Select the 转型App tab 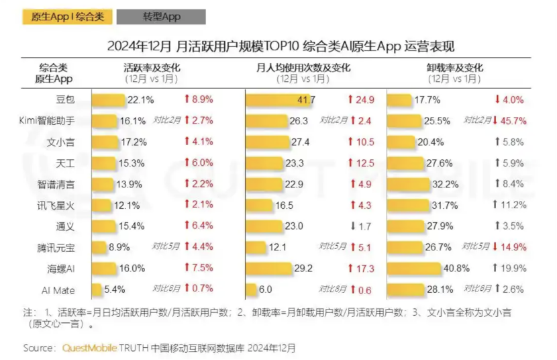pos(161,17)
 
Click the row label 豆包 pos(65,99)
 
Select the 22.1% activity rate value pos(141,100)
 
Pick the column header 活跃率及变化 pos(152,68)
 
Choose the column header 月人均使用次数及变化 pos(303,68)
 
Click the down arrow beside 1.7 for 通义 pos(351,226)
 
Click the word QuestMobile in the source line pos(89,348)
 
